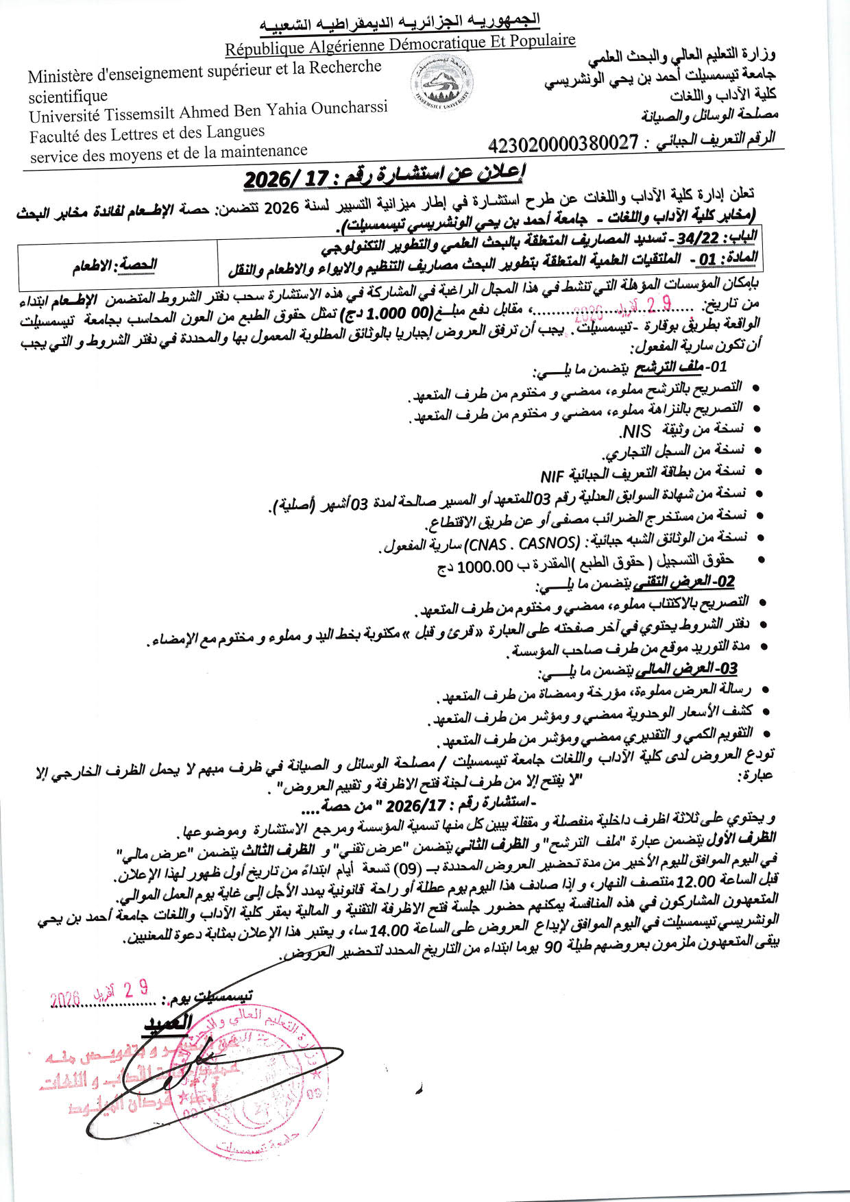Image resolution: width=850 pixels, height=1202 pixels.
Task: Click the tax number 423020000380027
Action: click(563, 144)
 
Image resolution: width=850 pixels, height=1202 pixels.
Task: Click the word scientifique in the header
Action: click(69, 97)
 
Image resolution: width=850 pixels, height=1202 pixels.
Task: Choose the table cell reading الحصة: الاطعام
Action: click(115, 265)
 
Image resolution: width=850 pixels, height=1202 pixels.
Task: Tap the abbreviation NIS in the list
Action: click(634, 431)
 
